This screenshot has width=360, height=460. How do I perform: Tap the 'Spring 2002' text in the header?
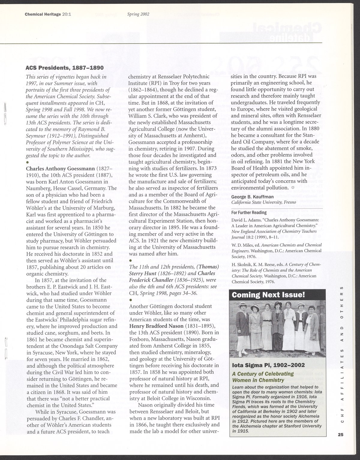click(x=138, y=14)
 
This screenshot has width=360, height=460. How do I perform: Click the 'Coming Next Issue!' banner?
click(x=268, y=295)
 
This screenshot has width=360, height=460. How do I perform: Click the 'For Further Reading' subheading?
click(x=249, y=213)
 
